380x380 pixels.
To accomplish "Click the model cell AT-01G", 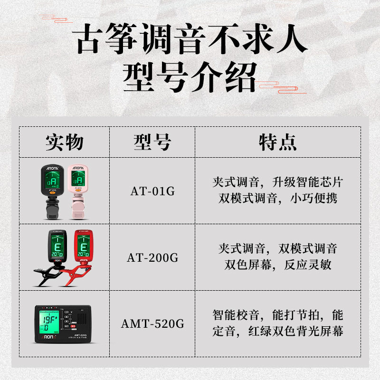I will point(152,192).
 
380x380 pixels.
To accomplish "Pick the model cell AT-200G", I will point(152,258).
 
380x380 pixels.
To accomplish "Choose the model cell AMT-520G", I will point(152,324).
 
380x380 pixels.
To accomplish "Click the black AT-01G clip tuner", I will point(52,190).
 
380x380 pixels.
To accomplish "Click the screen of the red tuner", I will point(83,249).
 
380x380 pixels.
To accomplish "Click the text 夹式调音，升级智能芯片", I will point(278,182).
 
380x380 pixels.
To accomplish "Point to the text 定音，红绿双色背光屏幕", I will point(278,332).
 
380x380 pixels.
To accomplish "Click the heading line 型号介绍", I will point(190,77).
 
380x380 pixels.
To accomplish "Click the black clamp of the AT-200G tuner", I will point(45,275).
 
